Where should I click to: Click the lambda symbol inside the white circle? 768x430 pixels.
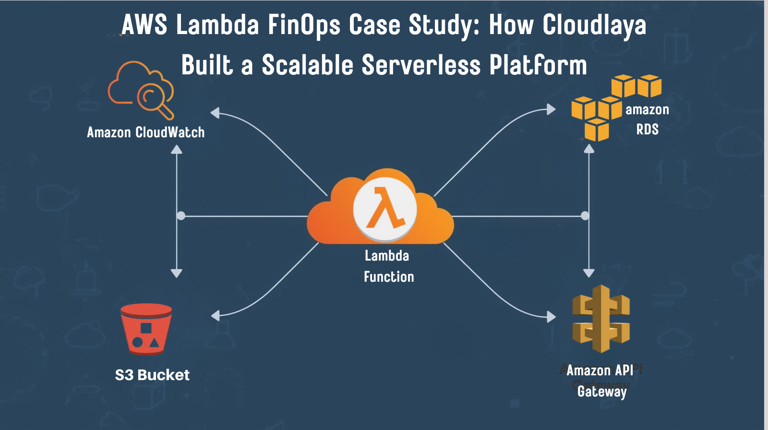click(x=384, y=209)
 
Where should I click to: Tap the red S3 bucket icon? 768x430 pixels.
click(x=146, y=330)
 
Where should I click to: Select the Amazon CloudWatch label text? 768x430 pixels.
click(x=145, y=132)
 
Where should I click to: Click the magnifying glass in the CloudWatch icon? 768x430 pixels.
click(x=154, y=98)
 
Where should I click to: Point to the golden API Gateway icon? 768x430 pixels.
click(x=600, y=319)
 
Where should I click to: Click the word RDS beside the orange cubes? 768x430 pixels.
click(x=647, y=130)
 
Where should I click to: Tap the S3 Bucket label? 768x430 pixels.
click(x=152, y=375)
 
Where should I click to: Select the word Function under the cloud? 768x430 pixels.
click(x=389, y=277)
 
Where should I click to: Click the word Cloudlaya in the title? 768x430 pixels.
click(x=594, y=25)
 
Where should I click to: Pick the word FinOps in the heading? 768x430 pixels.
click(x=304, y=25)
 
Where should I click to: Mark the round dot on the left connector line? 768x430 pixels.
click(x=181, y=216)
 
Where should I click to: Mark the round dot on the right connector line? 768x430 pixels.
click(x=585, y=216)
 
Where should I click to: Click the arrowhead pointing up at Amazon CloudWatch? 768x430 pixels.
click(x=177, y=149)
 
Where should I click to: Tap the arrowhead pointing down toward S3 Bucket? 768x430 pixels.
click(x=177, y=274)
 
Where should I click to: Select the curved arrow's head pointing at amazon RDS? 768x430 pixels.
click(x=551, y=109)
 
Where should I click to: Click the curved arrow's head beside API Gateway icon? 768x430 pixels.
click(x=551, y=317)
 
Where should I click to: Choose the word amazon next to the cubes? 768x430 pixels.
click(x=647, y=110)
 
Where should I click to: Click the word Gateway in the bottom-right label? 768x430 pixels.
click(x=602, y=392)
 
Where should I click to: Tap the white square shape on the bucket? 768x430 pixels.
click(x=146, y=328)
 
